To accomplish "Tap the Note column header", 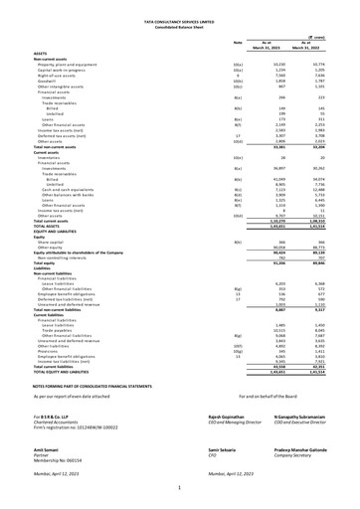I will [x=237, y=42].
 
